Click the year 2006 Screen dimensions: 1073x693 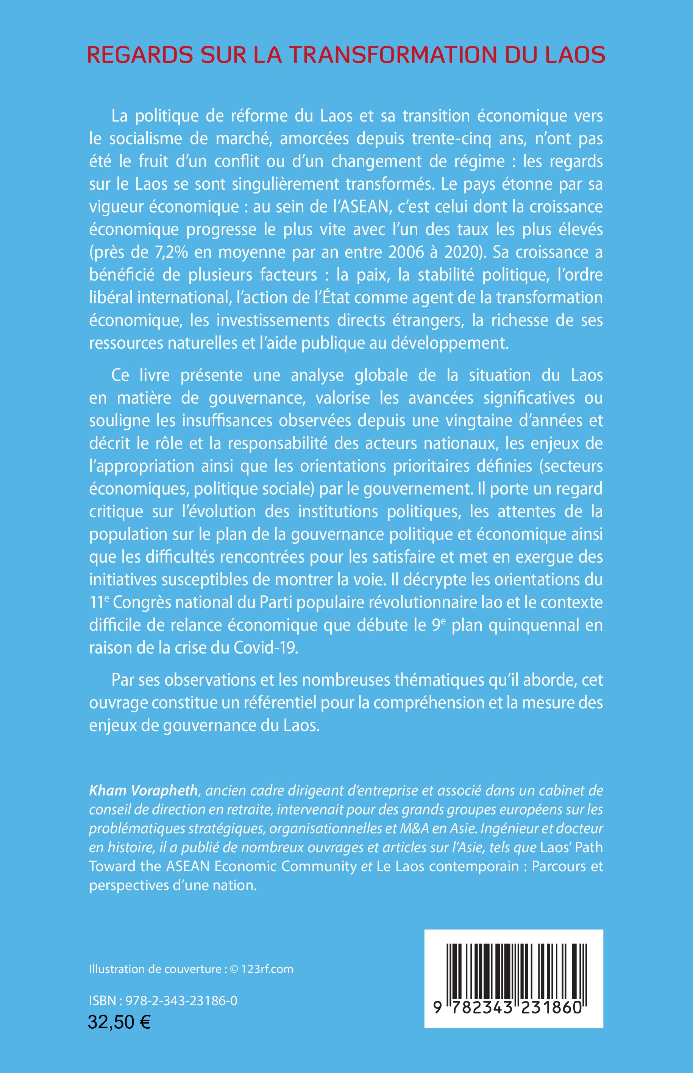tap(407, 252)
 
